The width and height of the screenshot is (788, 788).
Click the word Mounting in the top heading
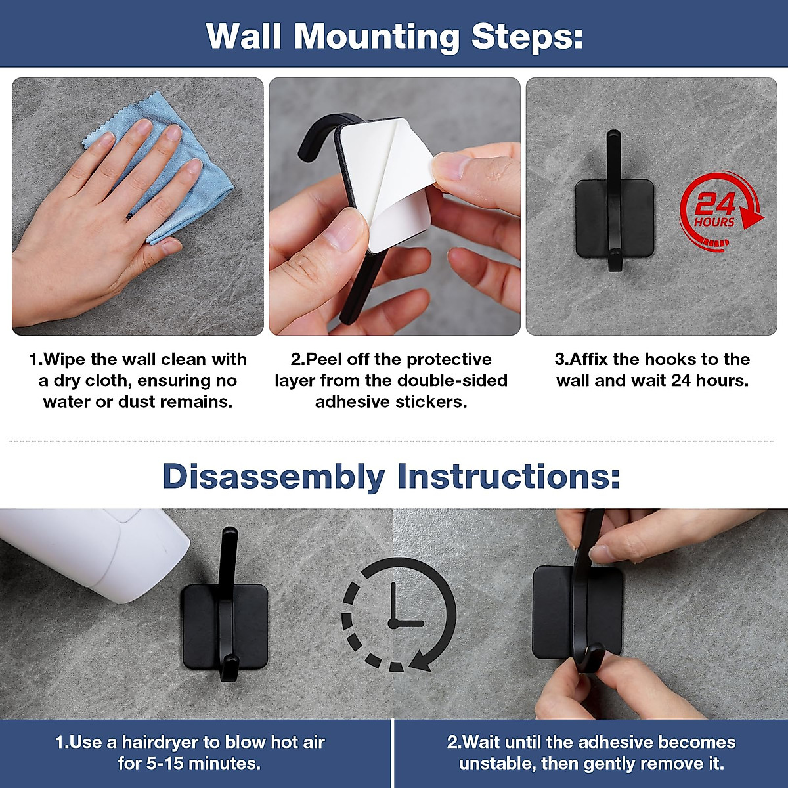coord(377,37)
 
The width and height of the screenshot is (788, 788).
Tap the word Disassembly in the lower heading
coord(274,476)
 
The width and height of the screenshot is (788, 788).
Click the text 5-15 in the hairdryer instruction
coord(163,764)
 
